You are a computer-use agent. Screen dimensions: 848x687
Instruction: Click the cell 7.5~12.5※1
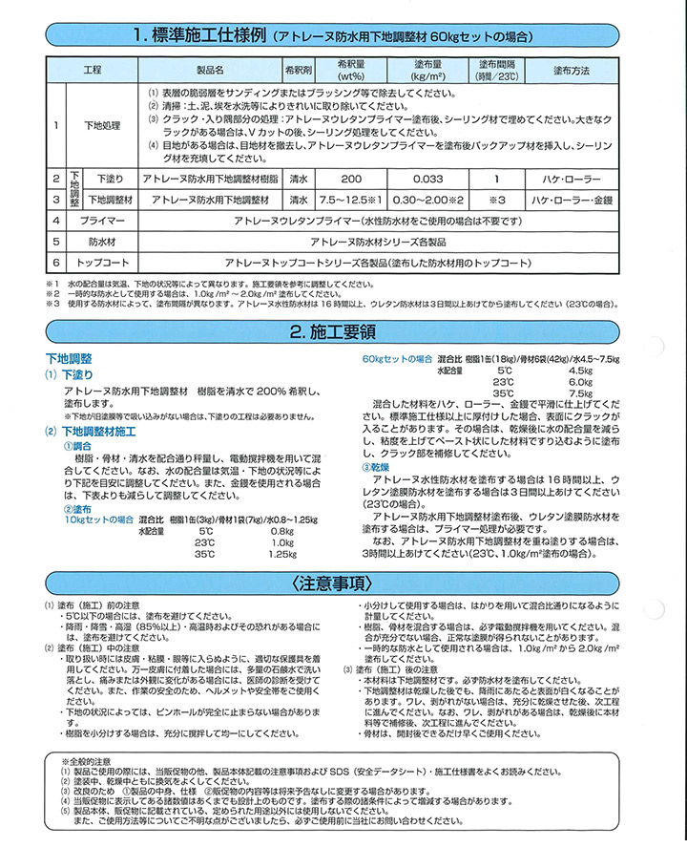pyautogui.click(x=350, y=200)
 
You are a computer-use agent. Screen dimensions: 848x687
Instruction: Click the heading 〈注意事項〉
pyautogui.click(x=344, y=583)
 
